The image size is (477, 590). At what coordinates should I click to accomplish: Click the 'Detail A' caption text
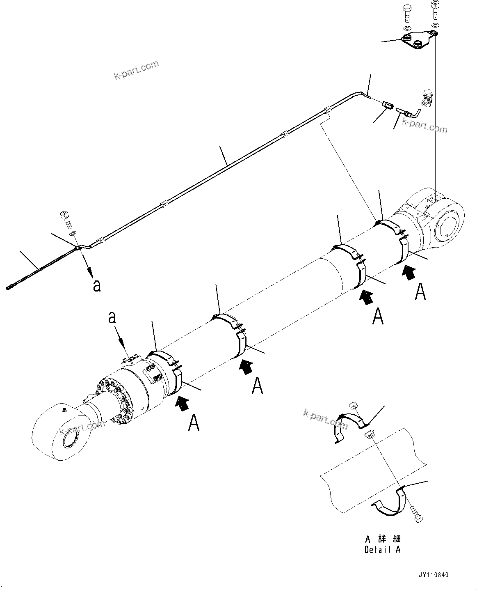click(x=382, y=550)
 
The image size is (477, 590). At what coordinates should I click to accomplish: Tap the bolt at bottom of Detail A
click(x=416, y=514)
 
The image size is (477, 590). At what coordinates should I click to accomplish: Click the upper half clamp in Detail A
click(x=349, y=425)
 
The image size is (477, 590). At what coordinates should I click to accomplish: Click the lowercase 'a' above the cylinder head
click(x=112, y=317)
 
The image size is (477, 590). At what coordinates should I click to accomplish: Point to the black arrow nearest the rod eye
click(x=183, y=403)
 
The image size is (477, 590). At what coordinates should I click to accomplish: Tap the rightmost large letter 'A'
click(x=420, y=291)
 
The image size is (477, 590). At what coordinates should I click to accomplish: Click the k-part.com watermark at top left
click(x=136, y=70)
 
